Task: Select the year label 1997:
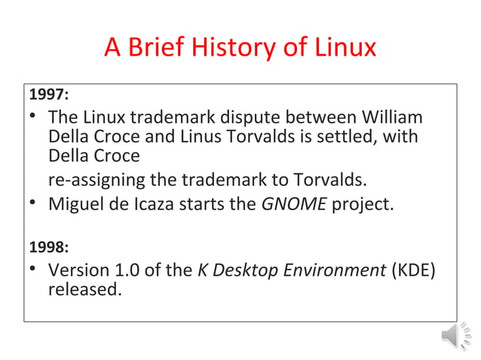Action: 48,96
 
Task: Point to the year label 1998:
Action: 48,246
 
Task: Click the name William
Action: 394,119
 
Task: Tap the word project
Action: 363,204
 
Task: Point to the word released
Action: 84,289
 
